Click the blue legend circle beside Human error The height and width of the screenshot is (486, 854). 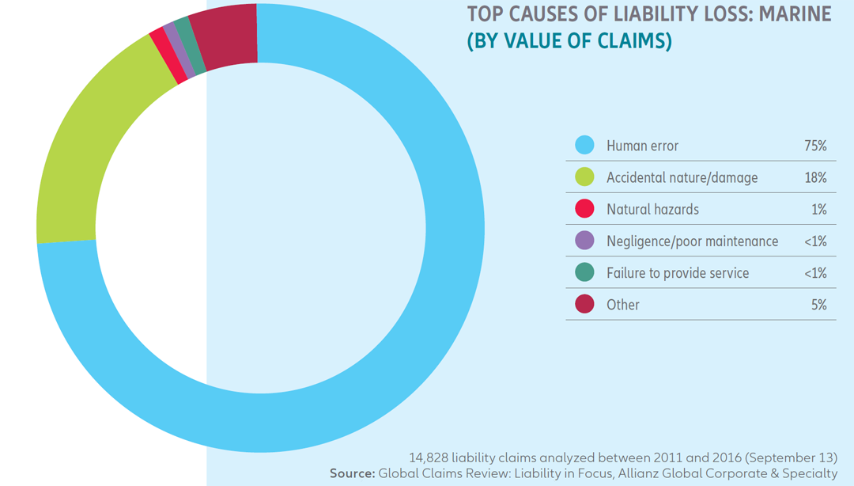[x=584, y=146]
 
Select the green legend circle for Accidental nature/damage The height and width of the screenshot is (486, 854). [x=584, y=177]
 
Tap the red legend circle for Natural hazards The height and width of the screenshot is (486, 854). [x=584, y=209]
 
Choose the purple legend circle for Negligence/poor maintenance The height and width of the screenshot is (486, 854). [x=584, y=241]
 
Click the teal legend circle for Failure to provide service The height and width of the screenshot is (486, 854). [x=584, y=272]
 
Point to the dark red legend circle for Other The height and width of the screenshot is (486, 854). [x=584, y=304]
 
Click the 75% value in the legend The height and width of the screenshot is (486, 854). [x=815, y=146]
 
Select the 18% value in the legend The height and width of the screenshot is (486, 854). [x=815, y=177]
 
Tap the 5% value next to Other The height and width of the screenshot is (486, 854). [x=818, y=304]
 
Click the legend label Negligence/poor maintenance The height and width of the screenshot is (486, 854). [x=692, y=241]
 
